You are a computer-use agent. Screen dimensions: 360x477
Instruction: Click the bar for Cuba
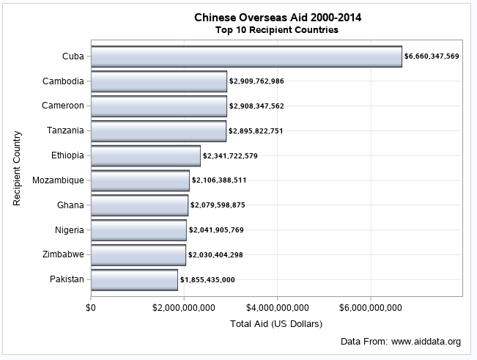point(246,56)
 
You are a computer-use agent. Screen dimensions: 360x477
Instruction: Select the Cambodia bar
point(159,81)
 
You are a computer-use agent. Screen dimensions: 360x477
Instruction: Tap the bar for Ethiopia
point(146,156)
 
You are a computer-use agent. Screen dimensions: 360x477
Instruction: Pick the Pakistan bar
point(134,280)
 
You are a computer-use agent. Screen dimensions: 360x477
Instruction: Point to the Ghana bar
point(139,205)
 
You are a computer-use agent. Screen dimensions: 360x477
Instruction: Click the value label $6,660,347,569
point(432,56)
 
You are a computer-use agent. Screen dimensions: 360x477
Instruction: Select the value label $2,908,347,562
point(256,106)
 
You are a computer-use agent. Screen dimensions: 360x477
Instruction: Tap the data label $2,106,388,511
point(219,180)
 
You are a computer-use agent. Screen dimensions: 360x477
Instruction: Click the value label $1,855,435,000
point(207,280)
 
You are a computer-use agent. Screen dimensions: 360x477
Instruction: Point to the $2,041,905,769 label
point(216,230)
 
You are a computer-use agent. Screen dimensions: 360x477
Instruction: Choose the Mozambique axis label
point(59,180)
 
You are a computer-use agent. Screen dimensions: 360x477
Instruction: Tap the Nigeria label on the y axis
point(69,229)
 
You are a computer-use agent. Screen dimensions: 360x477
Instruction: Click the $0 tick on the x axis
point(91,307)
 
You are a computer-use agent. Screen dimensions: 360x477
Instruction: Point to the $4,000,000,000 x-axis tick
point(278,307)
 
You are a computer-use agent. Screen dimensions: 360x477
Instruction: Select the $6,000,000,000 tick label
point(371,307)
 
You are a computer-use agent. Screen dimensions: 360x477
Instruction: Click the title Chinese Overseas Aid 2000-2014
point(277,17)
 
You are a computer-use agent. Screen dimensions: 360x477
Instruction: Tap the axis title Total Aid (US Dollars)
point(276,323)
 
